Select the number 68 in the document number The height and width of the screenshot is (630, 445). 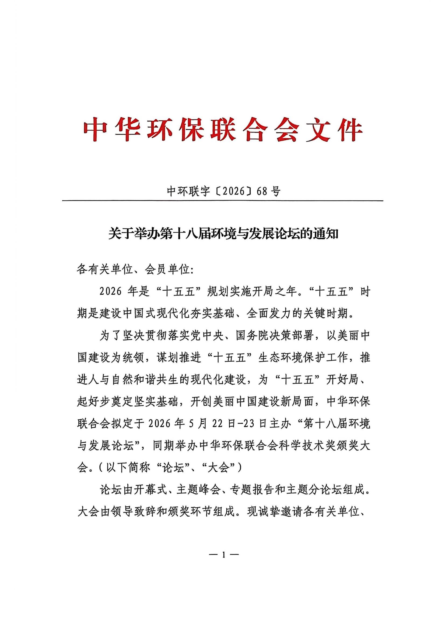(262, 191)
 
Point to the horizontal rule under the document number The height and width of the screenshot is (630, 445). (222, 201)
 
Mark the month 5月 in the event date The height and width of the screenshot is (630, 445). (198, 424)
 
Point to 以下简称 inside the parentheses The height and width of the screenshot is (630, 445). (128, 468)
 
